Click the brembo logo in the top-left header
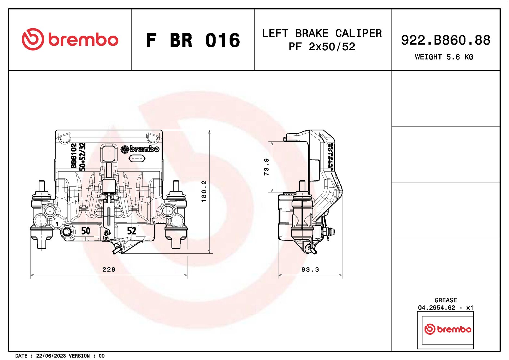click(70, 39)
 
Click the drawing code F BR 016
click(193, 40)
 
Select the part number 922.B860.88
click(445, 40)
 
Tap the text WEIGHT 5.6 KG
click(444, 57)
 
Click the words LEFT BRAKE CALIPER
click(322, 33)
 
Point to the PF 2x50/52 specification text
click(322, 47)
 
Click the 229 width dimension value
click(109, 269)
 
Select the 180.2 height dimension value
click(204, 191)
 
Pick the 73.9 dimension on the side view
click(266, 167)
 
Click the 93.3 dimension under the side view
click(310, 269)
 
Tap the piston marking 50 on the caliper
click(86, 231)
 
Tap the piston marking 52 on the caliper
click(132, 231)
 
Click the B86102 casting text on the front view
click(73, 156)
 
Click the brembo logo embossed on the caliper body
click(140, 149)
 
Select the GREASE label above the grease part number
click(445, 300)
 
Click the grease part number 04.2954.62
click(436, 308)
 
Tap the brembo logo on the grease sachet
click(448, 329)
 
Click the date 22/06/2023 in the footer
click(51, 356)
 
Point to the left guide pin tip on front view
click(42, 185)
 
